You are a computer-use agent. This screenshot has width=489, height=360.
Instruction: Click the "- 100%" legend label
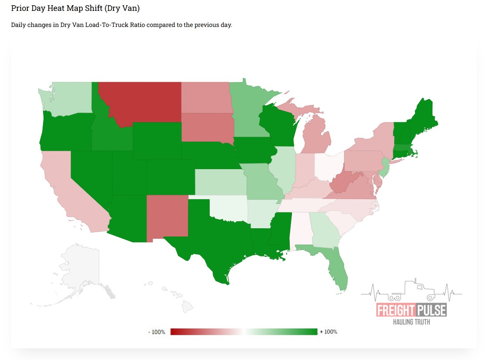(x=157, y=332)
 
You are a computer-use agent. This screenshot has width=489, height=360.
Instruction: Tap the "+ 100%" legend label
(x=328, y=332)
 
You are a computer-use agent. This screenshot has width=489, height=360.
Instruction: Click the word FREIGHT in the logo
(x=395, y=310)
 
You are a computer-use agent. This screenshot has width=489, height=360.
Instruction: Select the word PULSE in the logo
(x=431, y=310)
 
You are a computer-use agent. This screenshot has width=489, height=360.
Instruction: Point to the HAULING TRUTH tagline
(x=412, y=322)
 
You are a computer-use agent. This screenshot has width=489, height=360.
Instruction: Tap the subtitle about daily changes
(x=121, y=25)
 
